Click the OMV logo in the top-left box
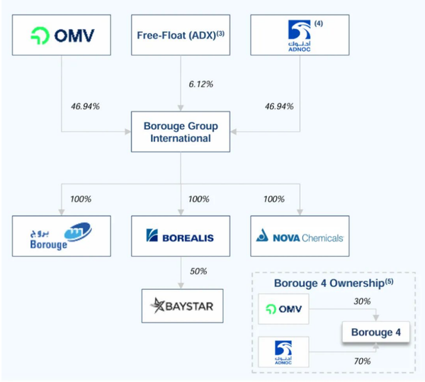[62, 34]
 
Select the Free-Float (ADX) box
[181, 34]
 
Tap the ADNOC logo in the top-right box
[299, 33]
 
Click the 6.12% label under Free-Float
[201, 84]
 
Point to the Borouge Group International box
[181, 132]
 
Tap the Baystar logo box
[181, 305]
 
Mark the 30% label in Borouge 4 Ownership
[361, 301]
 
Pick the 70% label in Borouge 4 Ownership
[361, 361]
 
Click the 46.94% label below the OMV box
[85, 106]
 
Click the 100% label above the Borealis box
[198, 199]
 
